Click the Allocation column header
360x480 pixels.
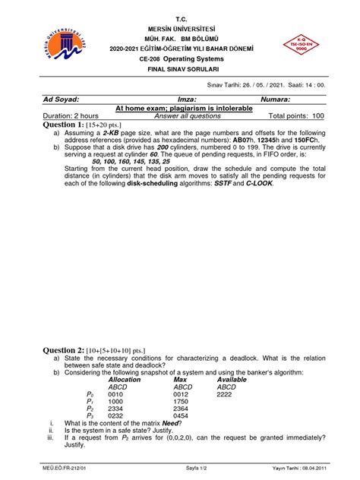pyautogui.click(x=125, y=379)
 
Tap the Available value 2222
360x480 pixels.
pyautogui.click(x=225, y=395)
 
